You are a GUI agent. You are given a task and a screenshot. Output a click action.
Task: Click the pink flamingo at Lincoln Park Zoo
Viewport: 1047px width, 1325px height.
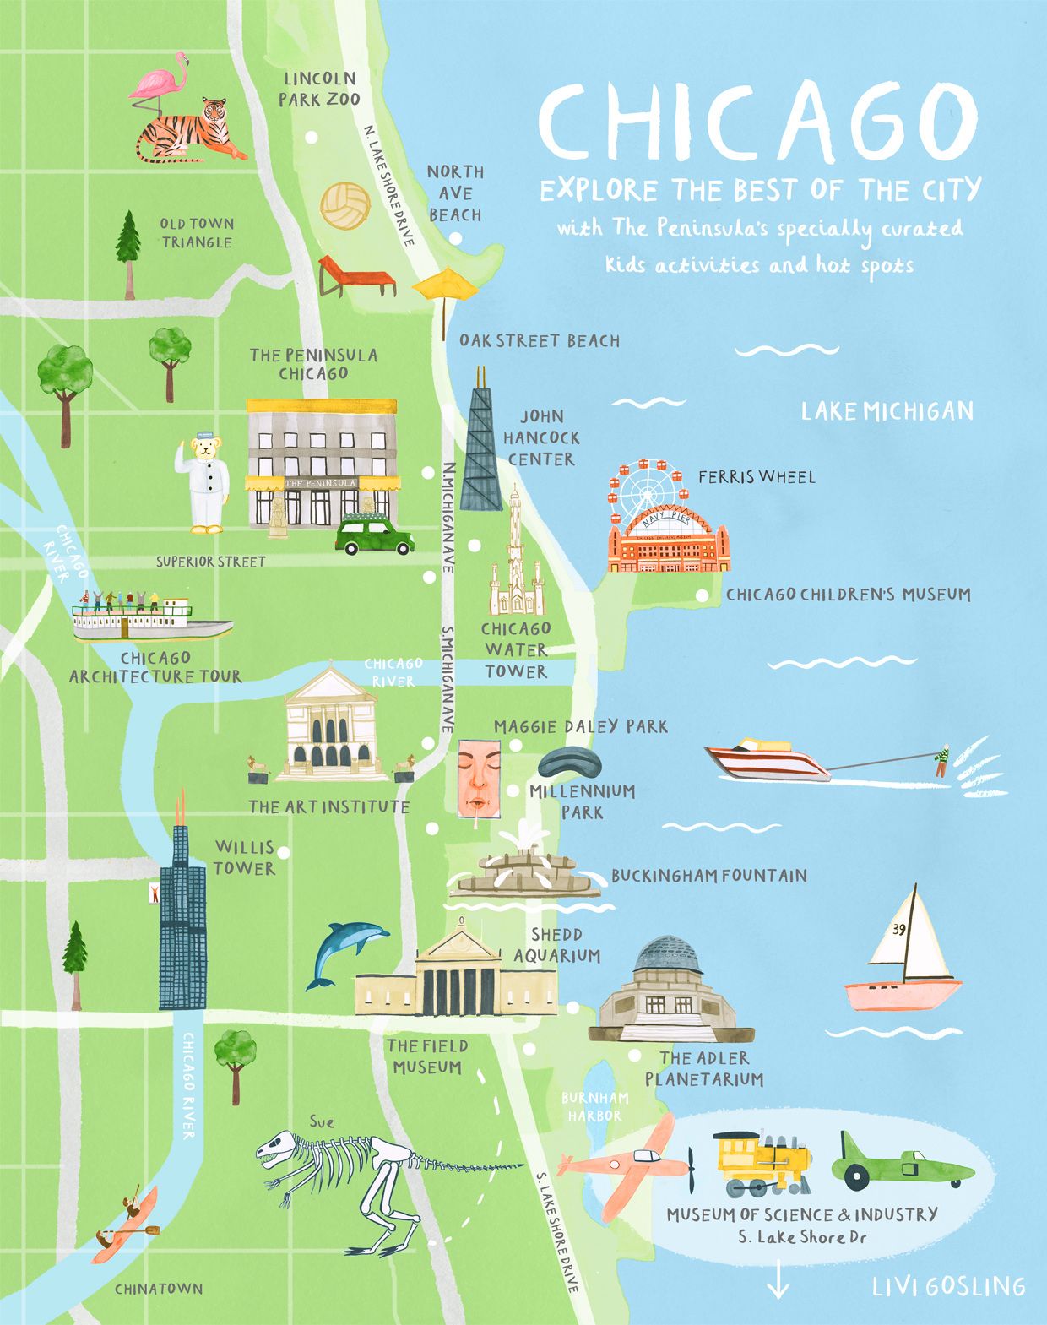pyautogui.click(x=162, y=84)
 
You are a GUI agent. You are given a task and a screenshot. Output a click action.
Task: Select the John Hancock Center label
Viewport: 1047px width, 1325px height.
pyautogui.click(x=541, y=437)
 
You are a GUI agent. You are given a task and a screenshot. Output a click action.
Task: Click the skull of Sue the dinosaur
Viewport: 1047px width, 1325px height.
pyautogui.click(x=279, y=1149)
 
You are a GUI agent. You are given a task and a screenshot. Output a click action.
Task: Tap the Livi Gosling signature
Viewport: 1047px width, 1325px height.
pyautogui.click(x=948, y=1286)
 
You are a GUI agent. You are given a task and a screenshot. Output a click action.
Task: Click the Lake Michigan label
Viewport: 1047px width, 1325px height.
pyautogui.click(x=887, y=411)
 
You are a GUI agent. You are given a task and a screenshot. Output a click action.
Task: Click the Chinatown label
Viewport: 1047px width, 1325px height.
pyautogui.click(x=159, y=1289)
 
